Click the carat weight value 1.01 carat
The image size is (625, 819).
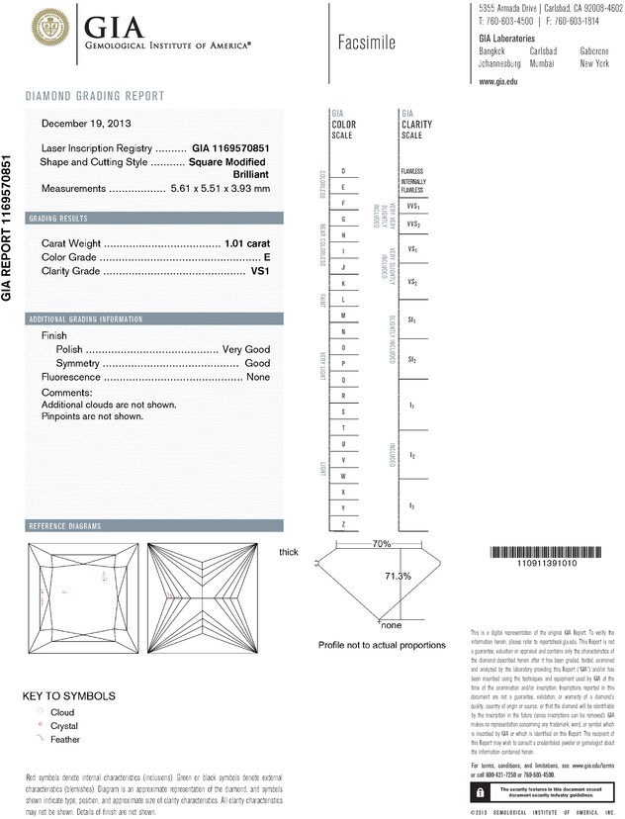(x=247, y=241)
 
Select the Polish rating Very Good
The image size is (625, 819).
(x=246, y=350)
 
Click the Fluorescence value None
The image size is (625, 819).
(x=258, y=378)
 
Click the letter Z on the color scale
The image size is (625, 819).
(x=342, y=522)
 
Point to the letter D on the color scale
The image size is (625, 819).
(x=342, y=171)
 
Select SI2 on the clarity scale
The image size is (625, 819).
(x=411, y=359)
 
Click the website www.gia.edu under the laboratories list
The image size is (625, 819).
(x=498, y=82)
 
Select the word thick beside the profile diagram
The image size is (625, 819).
(x=288, y=551)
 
